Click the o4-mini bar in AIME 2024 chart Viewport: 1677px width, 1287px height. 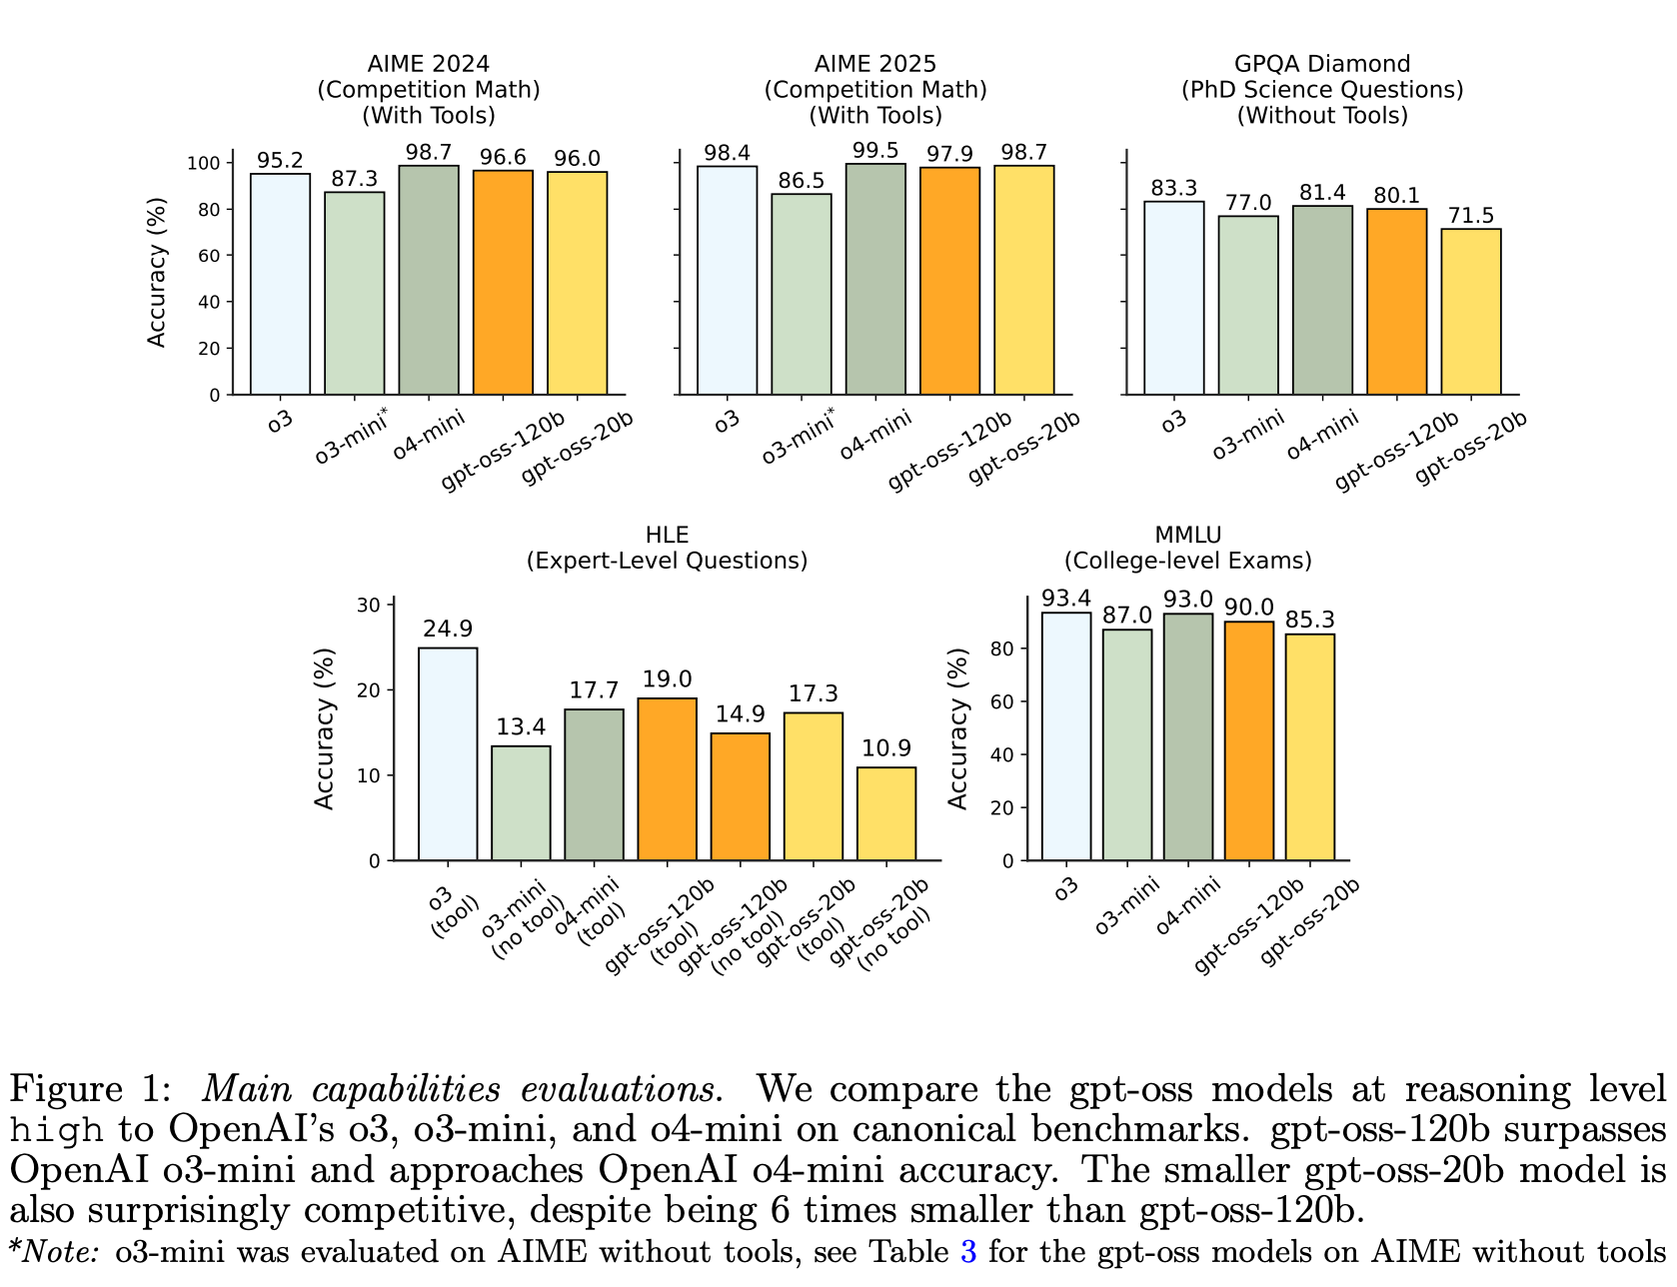pyautogui.click(x=429, y=280)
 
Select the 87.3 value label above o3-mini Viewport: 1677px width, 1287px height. pyautogui.click(x=354, y=179)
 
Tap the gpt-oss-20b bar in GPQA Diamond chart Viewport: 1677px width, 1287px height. pyautogui.click(x=1470, y=312)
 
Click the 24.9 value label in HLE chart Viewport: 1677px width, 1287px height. pyautogui.click(x=448, y=630)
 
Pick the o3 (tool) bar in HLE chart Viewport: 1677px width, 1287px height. pyautogui.click(x=448, y=754)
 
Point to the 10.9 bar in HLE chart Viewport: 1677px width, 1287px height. pyautogui.click(x=886, y=813)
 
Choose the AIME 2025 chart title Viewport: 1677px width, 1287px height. pyautogui.click(x=875, y=90)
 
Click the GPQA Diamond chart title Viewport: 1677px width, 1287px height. pyautogui.click(x=1322, y=90)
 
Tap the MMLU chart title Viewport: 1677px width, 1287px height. pyautogui.click(x=1187, y=548)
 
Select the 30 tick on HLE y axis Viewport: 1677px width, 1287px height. pyautogui.click(x=369, y=605)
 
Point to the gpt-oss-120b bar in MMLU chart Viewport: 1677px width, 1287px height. pyautogui.click(x=1248, y=740)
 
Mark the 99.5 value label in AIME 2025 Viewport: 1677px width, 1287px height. pyautogui.click(x=875, y=151)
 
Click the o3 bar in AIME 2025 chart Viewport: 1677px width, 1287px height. pyautogui.click(x=728, y=280)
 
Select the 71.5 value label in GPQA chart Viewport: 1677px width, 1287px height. pyautogui.click(x=1470, y=216)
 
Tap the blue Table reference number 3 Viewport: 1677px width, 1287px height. pyautogui.click(x=967, y=1251)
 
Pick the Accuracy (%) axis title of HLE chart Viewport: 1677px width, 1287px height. pyautogui.click(x=324, y=728)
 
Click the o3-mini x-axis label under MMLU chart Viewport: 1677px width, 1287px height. pyautogui.click(x=1128, y=904)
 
